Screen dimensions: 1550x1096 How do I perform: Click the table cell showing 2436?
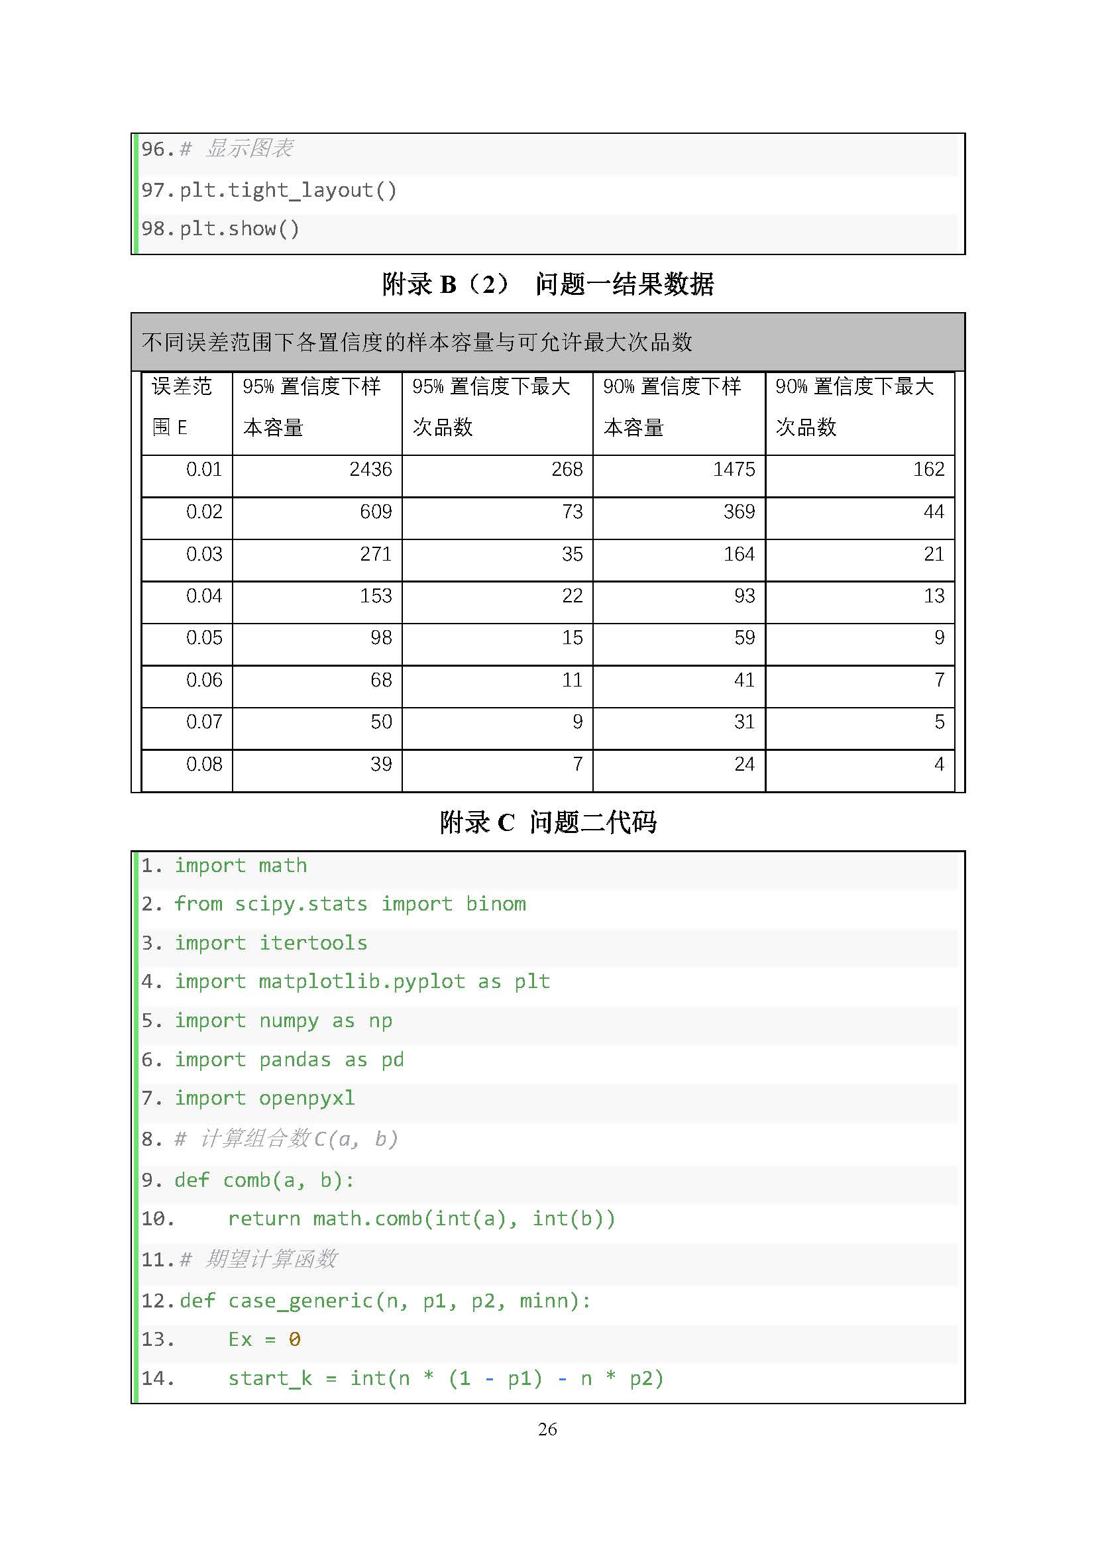pos(370,469)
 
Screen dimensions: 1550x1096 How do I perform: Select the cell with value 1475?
pos(734,469)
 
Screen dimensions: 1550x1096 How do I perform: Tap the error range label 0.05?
pos(204,637)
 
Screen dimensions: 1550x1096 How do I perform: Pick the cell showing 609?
pos(375,512)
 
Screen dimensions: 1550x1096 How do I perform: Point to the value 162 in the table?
pos(928,469)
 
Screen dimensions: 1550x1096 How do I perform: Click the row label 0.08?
pos(204,764)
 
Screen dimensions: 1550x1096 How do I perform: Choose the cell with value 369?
pos(739,512)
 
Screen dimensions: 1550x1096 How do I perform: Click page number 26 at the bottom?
pos(547,1429)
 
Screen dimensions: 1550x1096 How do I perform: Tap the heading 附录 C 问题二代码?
pos(547,822)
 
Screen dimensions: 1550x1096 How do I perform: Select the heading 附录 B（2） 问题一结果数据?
pos(547,284)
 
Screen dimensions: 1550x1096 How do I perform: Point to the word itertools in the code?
pos(313,943)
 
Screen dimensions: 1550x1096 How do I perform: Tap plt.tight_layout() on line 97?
pos(288,190)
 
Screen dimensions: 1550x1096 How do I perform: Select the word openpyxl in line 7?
pos(306,1098)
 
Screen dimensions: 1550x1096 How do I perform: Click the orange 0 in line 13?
pos(294,1339)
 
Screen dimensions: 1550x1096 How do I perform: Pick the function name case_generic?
pos(300,1301)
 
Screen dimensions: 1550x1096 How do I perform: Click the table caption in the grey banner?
pos(417,342)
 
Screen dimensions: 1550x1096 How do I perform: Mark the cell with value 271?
pos(375,554)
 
